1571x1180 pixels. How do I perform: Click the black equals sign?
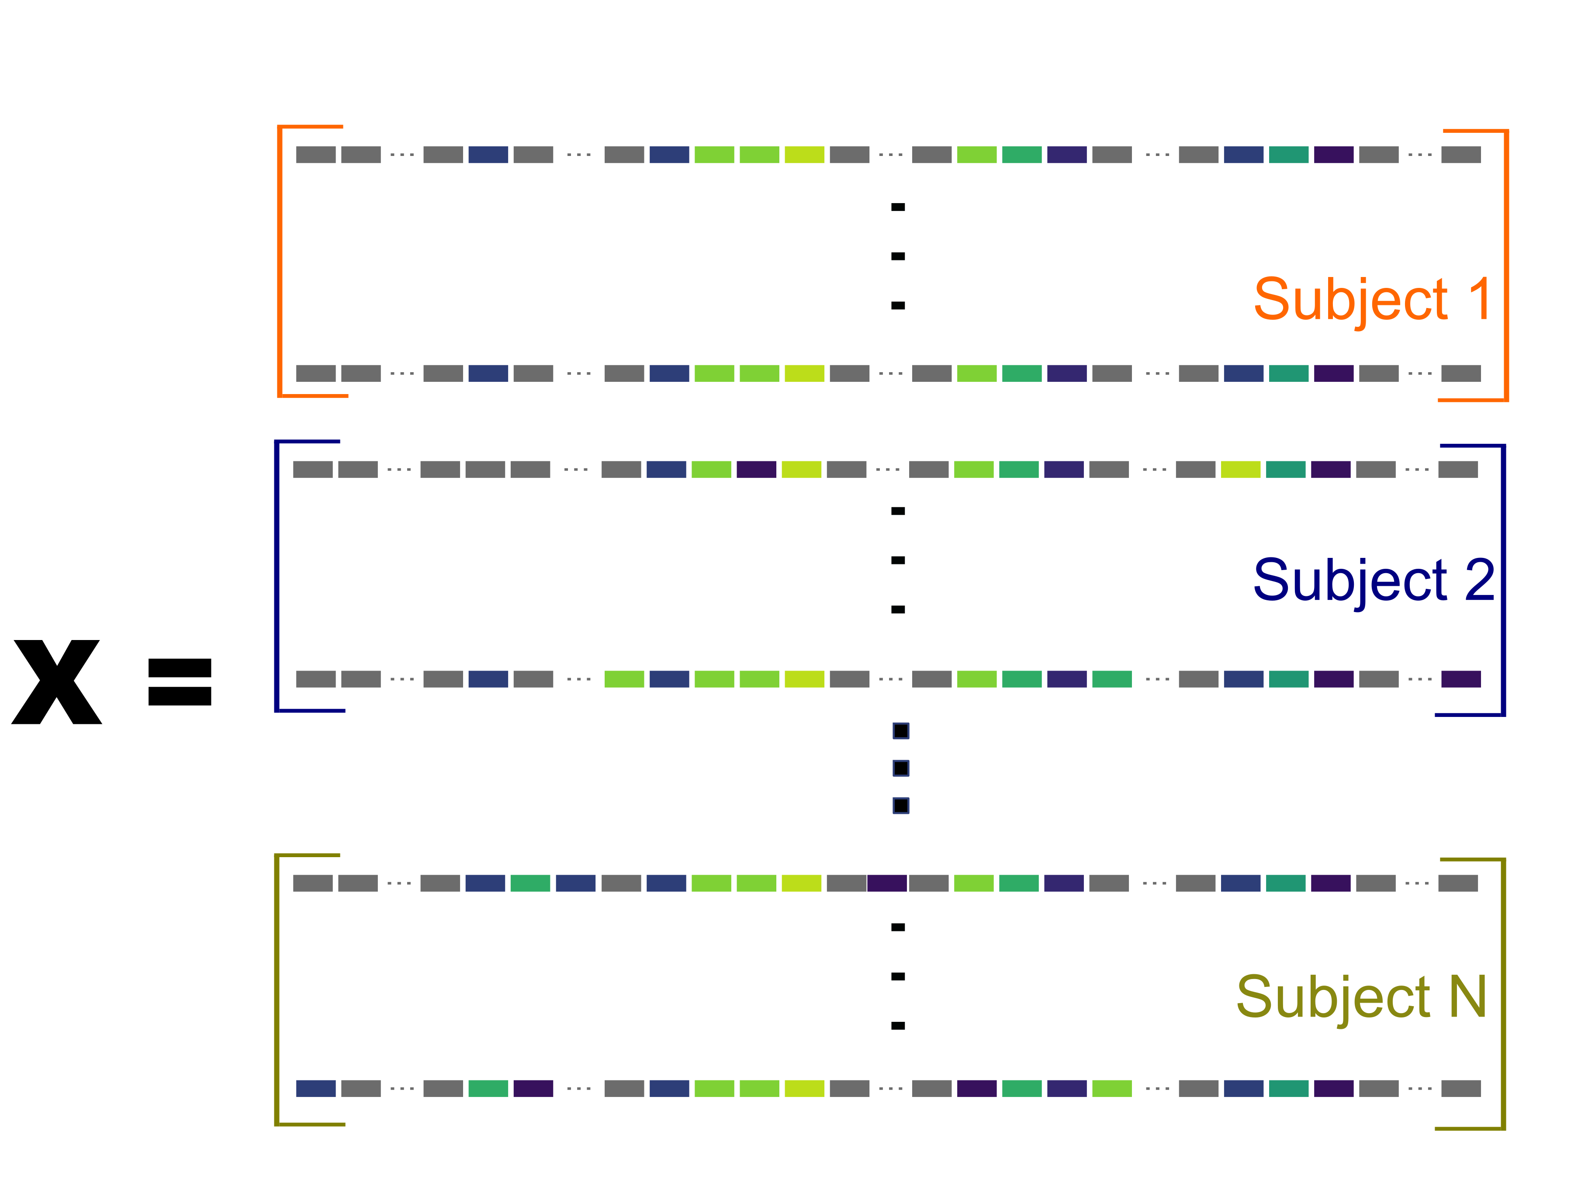(x=180, y=682)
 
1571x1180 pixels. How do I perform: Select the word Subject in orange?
(x=1350, y=301)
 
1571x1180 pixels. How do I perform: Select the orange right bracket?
(x=1505, y=266)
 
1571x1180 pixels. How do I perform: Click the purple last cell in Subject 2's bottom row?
(x=1461, y=679)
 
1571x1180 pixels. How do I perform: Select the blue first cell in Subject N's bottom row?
(x=315, y=1088)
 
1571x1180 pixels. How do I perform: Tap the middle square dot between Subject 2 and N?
(x=900, y=768)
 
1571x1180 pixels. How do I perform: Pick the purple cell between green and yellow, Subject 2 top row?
(x=756, y=470)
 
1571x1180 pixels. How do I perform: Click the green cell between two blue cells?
(x=530, y=883)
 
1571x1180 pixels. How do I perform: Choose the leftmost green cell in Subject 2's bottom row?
(x=623, y=679)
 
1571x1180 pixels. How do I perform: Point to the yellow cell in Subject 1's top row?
(x=804, y=155)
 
